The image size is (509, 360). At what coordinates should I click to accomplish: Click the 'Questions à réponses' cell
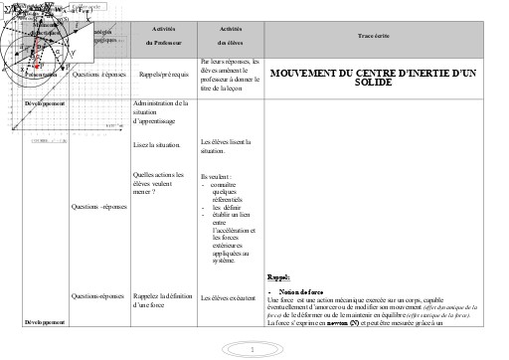97,73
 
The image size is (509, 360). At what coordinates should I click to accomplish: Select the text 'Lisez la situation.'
157,145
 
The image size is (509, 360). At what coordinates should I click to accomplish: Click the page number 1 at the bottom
254,348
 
